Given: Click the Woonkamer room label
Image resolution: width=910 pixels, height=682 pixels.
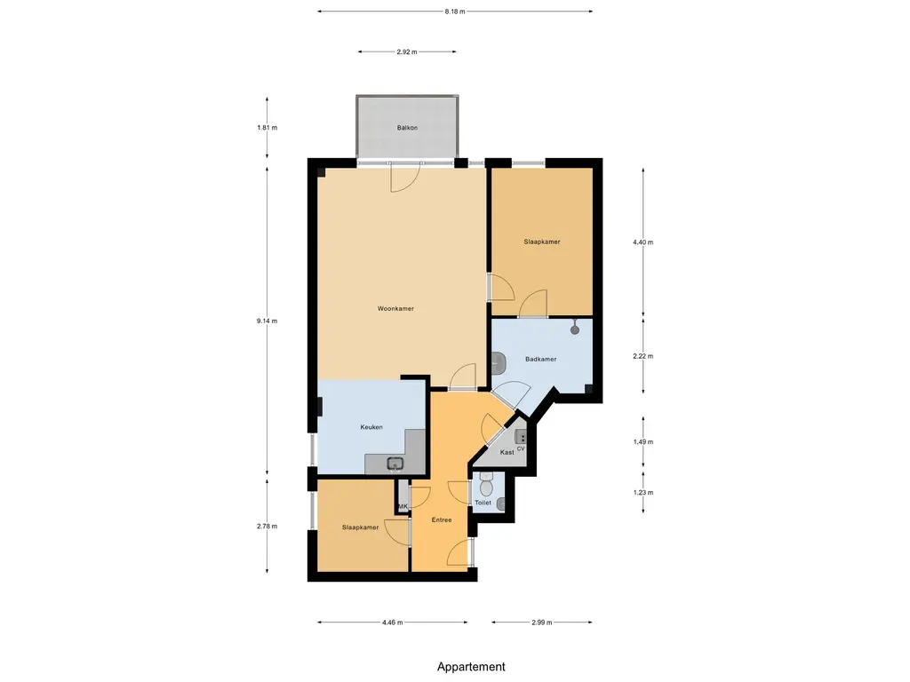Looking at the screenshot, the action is point(395,308).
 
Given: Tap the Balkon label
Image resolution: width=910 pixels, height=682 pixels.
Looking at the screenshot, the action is point(407,128).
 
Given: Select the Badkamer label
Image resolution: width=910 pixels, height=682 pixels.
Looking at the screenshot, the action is point(541,359).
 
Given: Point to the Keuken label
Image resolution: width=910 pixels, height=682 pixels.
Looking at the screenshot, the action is point(371,427).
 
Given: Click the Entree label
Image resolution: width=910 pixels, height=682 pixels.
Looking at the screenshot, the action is point(442,519).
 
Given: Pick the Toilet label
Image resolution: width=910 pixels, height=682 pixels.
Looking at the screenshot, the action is point(483,503).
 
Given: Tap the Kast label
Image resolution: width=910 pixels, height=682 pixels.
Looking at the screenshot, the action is point(507,452).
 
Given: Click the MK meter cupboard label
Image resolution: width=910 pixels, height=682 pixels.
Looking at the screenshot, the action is point(403,506).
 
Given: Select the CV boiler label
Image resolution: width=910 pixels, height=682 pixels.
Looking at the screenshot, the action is point(521,448).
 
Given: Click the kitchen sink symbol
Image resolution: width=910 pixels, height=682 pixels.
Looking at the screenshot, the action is point(395,464).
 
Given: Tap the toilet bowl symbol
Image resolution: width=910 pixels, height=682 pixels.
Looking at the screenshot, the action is point(486,486).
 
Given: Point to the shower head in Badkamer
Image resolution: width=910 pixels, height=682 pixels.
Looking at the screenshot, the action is point(575,329).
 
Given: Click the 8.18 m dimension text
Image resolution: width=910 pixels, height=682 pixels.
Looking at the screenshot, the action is point(455,12).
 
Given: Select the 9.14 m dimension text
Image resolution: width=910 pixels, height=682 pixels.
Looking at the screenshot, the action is point(267,321).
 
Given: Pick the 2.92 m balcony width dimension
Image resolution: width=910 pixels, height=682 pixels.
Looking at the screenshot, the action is point(407,52).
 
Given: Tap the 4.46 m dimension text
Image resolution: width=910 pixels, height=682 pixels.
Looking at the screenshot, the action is point(392,623).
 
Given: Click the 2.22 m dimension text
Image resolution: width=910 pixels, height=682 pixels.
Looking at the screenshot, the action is point(643,356).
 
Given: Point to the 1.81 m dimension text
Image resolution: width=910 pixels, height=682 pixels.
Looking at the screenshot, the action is point(267,128).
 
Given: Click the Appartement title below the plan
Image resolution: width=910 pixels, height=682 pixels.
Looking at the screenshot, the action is point(471,667).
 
